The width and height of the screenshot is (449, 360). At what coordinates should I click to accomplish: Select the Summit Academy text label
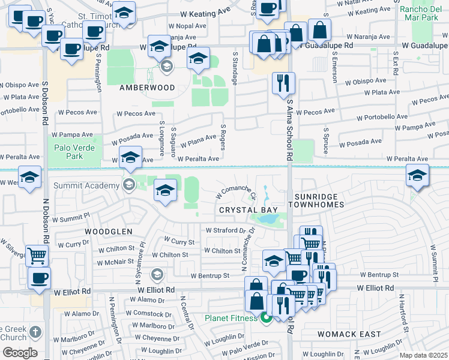(87, 185)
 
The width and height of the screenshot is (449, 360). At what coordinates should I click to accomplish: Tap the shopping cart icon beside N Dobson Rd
(37, 256)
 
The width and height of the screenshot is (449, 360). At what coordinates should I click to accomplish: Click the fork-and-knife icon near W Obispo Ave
(283, 82)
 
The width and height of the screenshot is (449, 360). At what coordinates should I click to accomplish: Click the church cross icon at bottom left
(35, 332)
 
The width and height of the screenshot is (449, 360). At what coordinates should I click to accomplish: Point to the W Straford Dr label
(226, 230)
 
